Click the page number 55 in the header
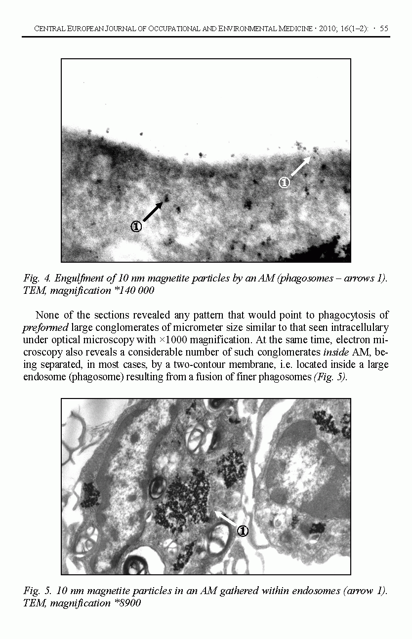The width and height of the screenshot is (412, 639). click(384, 29)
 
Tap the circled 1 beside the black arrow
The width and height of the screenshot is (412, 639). click(136, 227)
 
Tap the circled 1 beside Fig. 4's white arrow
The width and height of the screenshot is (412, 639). click(284, 183)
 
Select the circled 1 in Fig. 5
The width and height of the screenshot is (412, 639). click(243, 531)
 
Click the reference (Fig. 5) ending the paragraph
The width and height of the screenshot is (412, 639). click(330, 377)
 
